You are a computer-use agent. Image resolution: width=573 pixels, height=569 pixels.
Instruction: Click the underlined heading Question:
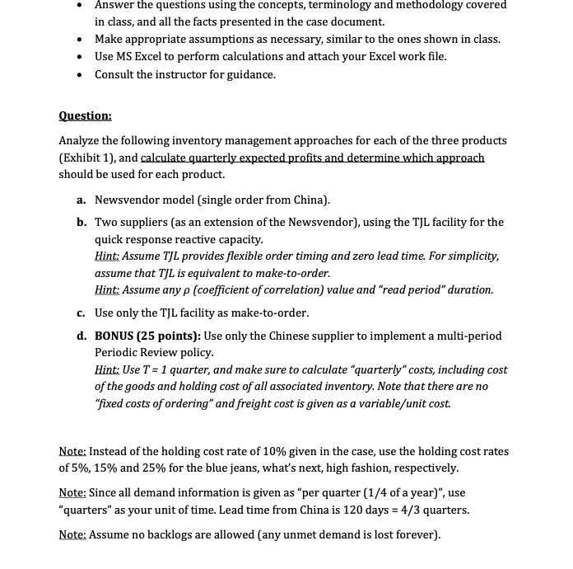85,115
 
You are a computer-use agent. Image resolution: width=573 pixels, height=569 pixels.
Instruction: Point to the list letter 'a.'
82,200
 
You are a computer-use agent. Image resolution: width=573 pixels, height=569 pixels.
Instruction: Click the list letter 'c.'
82,313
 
